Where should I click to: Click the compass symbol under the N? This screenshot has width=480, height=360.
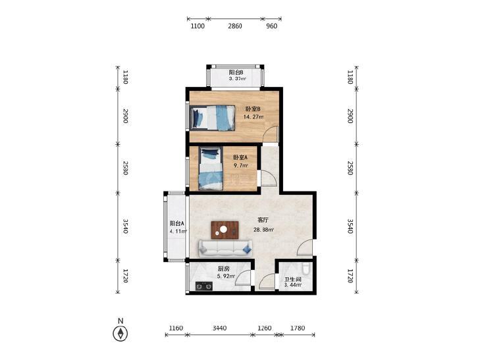(120, 334)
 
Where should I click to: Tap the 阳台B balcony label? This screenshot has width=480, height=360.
(236, 72)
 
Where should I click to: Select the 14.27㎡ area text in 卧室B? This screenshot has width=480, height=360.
(253, 116)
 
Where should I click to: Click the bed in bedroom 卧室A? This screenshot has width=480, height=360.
(210, 168)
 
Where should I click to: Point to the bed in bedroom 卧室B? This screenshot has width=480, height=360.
(213, 118)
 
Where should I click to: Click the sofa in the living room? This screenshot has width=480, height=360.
(226, 248)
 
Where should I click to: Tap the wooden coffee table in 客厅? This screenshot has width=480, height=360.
(225, 230)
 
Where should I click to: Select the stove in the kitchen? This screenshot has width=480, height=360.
(204, 286)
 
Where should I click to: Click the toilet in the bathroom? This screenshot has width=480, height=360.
(306, 269)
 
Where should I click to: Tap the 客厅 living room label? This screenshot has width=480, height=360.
(263, 220)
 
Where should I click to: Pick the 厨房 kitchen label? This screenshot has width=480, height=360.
(223, 269)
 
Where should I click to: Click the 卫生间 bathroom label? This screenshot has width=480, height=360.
(293, 279)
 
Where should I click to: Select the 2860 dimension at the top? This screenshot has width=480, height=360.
(235, 26)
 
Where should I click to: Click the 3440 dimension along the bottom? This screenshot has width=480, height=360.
(219, 328)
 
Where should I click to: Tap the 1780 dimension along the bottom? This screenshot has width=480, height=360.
(298, 328)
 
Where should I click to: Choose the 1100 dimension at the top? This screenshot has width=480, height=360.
(198, 26)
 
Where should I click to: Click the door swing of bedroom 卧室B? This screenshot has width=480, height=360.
(271, 134)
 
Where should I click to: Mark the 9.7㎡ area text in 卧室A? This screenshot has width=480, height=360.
(240, 165)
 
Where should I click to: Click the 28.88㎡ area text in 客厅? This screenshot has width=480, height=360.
(263, 230)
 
